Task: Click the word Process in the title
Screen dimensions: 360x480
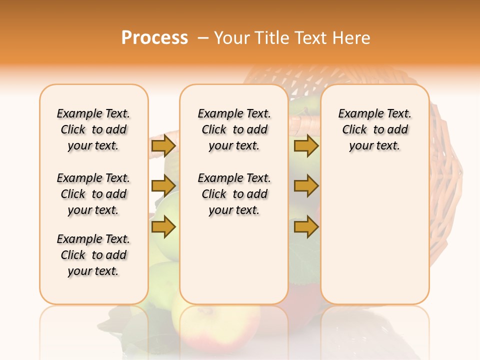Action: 154,38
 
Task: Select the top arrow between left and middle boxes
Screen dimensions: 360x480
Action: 163,146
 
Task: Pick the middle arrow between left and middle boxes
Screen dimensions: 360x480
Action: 163,186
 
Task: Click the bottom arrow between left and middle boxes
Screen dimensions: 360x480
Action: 163,226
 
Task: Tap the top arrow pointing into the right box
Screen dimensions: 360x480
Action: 306,146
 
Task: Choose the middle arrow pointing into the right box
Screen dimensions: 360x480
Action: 306,186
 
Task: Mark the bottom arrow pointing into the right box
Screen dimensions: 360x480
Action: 306,226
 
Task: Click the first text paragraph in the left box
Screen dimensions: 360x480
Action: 93,129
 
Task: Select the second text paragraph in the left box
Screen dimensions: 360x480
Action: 93,194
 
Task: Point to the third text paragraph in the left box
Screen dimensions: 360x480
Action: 93,255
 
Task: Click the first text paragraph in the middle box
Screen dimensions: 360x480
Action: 234,129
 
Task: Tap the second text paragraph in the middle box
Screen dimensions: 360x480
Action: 234,194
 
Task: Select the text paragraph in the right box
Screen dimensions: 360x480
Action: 374,129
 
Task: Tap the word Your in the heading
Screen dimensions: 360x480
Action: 231,38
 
